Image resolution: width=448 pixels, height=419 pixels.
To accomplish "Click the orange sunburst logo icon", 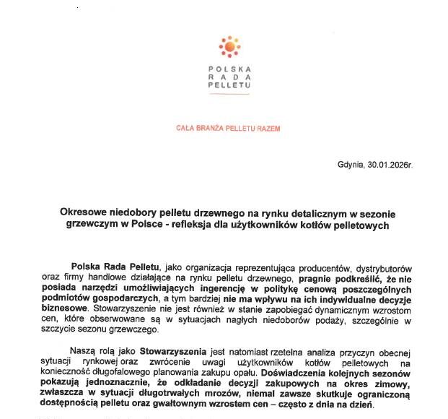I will tap(229, 46).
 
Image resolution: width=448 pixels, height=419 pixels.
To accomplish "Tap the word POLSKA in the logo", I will tap(229, 69).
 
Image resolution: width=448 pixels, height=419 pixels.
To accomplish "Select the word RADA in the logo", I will tap(229, 77).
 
